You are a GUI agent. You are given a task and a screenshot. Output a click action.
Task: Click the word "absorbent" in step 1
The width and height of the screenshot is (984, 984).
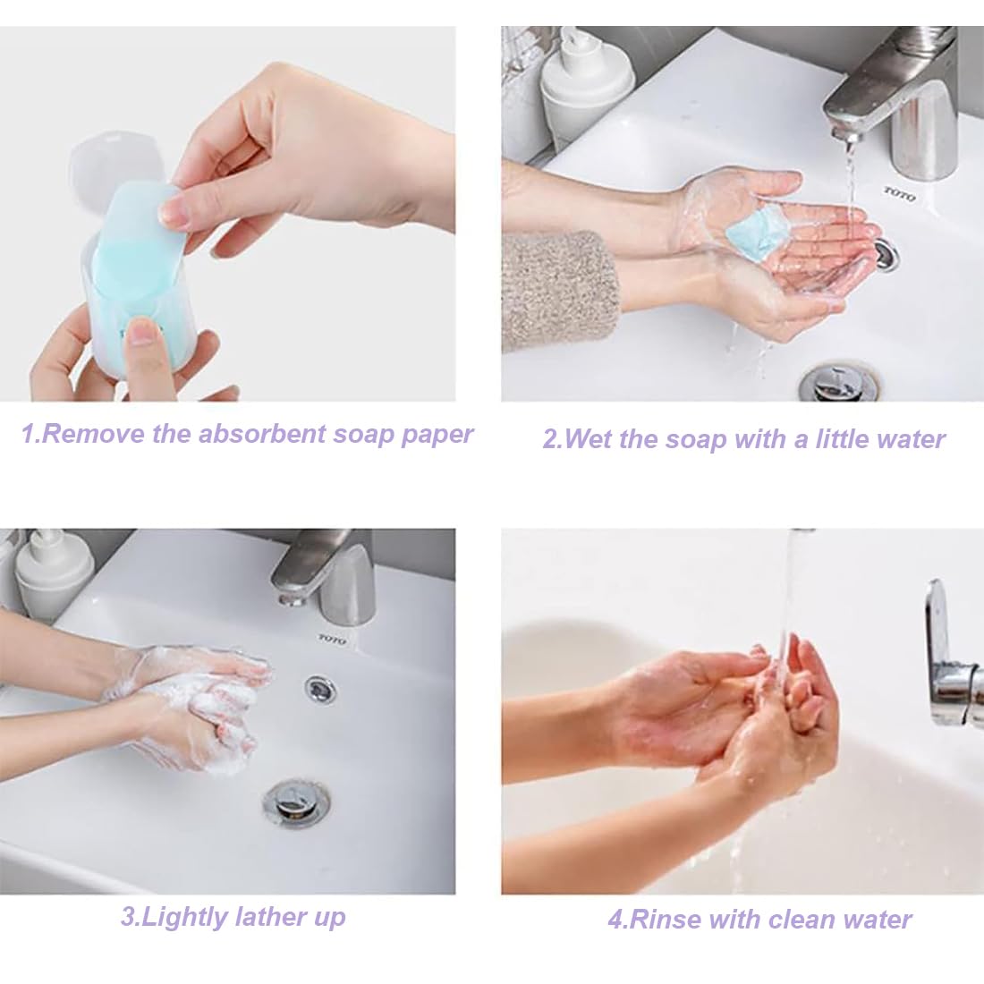[x=262, y=434]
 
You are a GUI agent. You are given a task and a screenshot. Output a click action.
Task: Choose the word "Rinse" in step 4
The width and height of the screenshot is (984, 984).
[x=663, y=920]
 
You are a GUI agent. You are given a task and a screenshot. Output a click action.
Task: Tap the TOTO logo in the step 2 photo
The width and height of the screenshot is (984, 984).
[x=900, y=194]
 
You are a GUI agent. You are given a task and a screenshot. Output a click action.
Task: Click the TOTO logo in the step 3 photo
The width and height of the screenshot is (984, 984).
[x=332, y=640]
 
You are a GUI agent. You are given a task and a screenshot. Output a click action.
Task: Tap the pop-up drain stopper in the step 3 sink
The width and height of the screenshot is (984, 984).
[x=295, y=802]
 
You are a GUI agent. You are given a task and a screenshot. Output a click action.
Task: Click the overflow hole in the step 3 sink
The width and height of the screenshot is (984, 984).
[x=320, y=689]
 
